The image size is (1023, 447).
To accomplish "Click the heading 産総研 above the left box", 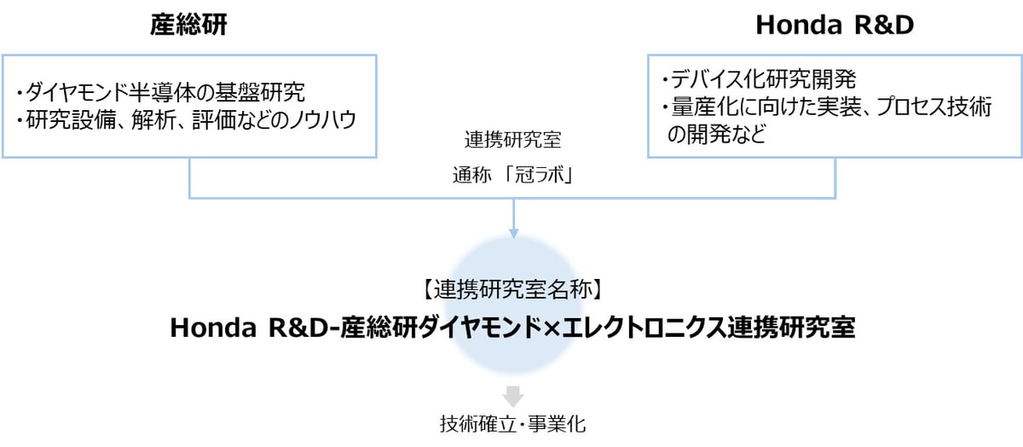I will (189, 26).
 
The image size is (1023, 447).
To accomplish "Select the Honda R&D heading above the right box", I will (835, 26).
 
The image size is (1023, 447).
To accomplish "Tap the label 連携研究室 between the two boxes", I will (513, 142).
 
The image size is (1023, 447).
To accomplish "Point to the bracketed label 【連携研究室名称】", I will (513, 289).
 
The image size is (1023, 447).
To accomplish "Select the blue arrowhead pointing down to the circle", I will (513, 232).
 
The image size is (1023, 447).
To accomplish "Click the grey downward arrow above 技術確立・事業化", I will (513, 396).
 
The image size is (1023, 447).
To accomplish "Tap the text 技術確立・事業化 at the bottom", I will (513, 424).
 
